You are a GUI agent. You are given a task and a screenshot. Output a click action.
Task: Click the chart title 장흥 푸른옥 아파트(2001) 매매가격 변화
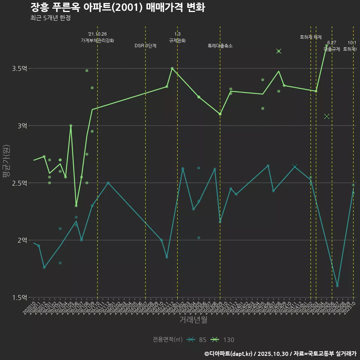tap(117, 8)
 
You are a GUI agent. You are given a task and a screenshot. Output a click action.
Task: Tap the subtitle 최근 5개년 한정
tap(51, 18)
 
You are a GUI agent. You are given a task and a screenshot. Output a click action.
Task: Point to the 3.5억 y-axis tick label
tap(20, 69)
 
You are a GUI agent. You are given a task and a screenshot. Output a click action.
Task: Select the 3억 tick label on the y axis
tap(22, 126)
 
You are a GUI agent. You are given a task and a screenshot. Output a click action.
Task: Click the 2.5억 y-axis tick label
tap(20, 183)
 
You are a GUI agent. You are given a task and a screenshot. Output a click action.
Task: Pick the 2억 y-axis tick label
tap(22, 240)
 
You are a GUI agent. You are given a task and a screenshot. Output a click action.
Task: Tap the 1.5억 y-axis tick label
tap(20, 297)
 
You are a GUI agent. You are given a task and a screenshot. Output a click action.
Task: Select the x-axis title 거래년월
tap(193, 320)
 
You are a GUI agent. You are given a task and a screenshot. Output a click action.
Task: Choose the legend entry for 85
tap(197, 340)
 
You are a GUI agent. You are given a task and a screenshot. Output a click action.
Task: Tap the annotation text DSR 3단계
tap(145, 46)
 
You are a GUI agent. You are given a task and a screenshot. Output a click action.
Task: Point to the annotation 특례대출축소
tap(220, 46)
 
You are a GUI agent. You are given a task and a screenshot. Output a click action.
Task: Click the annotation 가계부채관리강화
tap(97, 40)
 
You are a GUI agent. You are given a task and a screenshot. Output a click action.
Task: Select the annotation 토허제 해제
tap(311, 37)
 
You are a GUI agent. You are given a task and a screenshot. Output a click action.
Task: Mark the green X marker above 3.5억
tap(279, 51)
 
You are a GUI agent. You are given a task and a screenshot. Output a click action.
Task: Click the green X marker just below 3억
tap(327, 116)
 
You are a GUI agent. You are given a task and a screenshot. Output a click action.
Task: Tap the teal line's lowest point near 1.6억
tap(337, 286)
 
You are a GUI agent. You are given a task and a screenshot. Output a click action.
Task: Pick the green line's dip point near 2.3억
tap(76, 205)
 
